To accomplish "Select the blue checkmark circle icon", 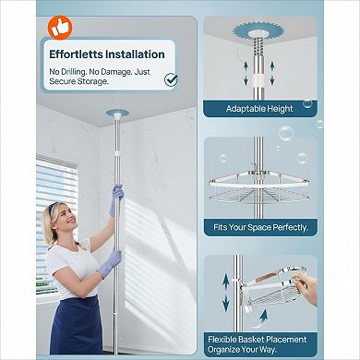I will click(x=170, y=79).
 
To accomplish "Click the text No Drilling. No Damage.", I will click(x=102, y=70).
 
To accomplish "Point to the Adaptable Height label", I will click(x=260, y=108).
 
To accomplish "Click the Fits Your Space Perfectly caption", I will click(x=261, y=226).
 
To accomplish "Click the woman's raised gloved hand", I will click(x=117, y=193).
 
